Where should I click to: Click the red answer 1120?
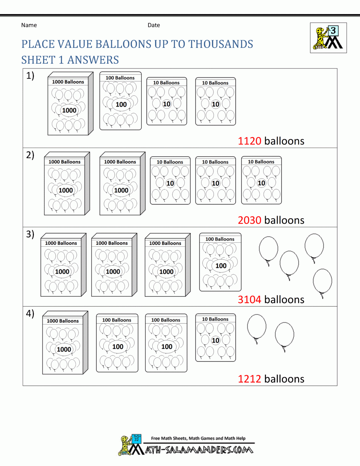[249, 141]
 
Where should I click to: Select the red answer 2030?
[249, 220]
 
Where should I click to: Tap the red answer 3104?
[249, 299]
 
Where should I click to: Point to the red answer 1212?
[249, 379]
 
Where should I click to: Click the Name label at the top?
[29, 25]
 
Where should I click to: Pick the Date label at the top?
[154, 25]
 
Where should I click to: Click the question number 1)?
[30, 76]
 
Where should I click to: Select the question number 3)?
[30, 234]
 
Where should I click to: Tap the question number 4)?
[30, 313]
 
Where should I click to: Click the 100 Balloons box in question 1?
[121, 101]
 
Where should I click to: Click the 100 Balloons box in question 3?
[220, 262]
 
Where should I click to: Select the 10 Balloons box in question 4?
[216, 337]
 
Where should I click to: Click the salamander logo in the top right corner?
[328, 38]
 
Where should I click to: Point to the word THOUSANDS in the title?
[221, 44]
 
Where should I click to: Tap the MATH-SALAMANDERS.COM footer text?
[199, 450]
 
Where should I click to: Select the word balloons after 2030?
[284, 220]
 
